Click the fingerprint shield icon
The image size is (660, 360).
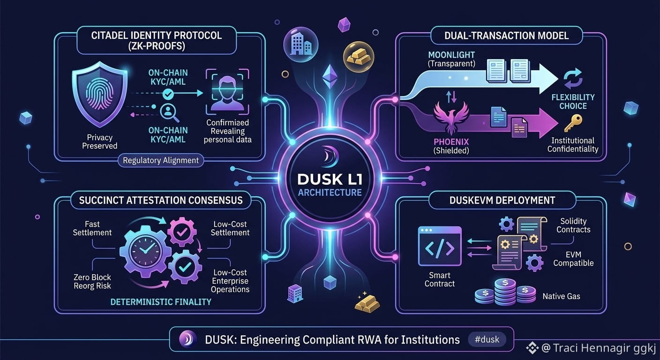click(100, 94)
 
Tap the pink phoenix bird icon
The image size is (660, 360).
click(451, 118)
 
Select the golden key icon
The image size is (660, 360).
click(573, 123)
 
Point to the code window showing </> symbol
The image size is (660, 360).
click(440, 246)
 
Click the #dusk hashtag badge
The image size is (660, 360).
click(487, 339)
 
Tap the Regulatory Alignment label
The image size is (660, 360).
click(161, 160)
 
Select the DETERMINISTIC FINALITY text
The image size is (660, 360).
click(161, 302)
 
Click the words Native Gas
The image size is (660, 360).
click(561, 296)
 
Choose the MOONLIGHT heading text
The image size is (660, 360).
click(451, 55)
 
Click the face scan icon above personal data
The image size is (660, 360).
click(227, 92)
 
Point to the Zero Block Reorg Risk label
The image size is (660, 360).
click(92, 281)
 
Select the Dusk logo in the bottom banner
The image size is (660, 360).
click(187, 339)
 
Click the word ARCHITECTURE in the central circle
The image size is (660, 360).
click(330, 193)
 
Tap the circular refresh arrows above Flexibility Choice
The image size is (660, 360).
click(573, 78)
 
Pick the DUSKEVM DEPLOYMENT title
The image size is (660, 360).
click(502, 200)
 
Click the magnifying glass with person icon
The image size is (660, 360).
click(169, 113)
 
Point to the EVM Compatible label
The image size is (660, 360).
click(573, 259)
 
